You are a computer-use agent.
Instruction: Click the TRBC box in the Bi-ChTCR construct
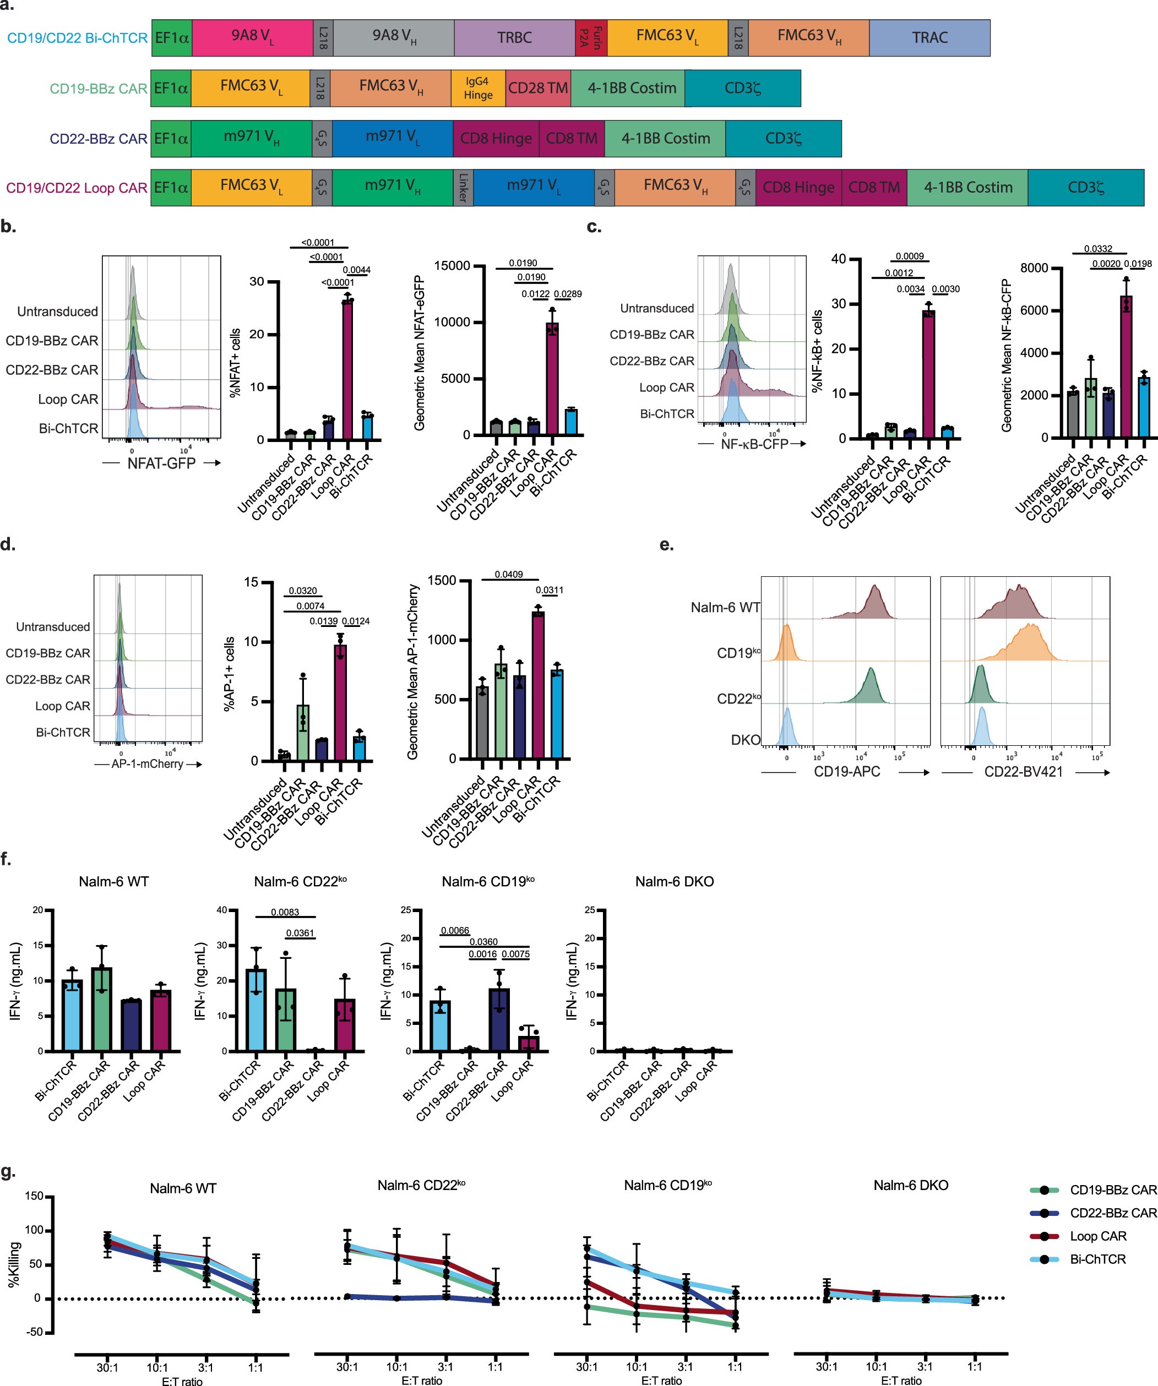tap(514, 37)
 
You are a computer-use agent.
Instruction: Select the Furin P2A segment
tap(590, 37)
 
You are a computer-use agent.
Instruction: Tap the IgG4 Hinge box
tap(477, 88)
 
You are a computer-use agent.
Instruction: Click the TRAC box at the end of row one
tap(929, 37)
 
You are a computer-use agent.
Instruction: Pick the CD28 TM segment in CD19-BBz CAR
tap(537, 88)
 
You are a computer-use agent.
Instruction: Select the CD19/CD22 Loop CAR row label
tap(77, 188)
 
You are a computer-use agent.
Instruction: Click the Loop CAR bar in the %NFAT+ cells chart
tap(347, 369)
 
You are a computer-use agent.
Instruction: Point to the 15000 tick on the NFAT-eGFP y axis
tap(452, 266)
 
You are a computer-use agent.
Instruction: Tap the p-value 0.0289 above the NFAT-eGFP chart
tap(567, 294)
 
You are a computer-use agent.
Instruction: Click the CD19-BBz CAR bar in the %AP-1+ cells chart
tap(303, 733)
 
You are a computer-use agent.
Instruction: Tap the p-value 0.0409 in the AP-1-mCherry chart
tap(508, 574)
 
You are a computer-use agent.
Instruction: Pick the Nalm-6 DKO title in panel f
tap(674, 882)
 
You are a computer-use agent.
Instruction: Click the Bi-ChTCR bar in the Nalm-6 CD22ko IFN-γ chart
tap(256, 1010)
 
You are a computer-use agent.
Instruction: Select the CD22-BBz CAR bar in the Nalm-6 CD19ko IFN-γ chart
tap(499, 1020)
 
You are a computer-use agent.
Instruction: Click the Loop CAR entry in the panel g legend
tap(1098, 1236)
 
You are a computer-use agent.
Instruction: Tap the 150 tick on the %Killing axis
tap(34, 1197)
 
